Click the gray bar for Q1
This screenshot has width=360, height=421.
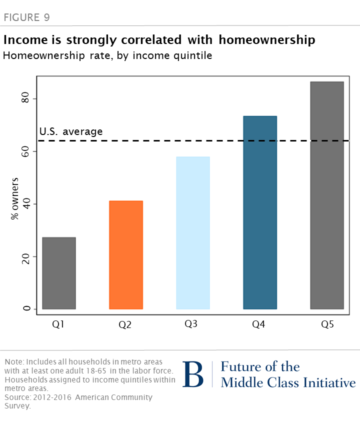59,273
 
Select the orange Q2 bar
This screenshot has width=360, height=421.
126,255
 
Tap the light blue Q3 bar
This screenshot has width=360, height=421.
192,233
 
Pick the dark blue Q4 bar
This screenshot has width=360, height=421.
260,212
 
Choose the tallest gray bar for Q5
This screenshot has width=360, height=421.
327,195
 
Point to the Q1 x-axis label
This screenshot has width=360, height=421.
58,324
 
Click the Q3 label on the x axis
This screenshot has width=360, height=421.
191,324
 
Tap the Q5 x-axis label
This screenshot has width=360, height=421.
327,324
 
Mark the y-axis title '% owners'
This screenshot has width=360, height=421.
15,198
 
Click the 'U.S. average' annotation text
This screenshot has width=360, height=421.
71,132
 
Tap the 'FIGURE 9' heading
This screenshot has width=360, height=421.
26,18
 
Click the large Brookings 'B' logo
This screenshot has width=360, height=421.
193,374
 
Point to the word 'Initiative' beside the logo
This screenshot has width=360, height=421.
328,383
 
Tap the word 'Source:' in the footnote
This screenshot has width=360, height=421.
17,397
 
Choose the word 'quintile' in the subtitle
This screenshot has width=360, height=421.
193,55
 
